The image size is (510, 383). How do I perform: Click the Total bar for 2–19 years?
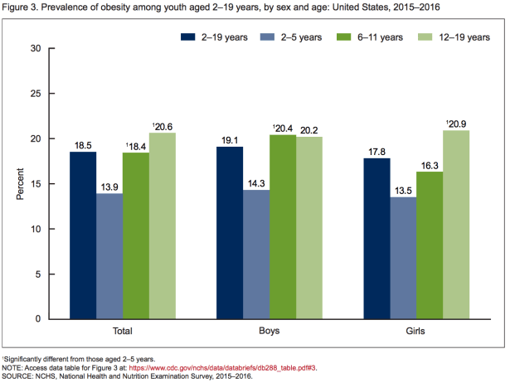coord(84,235)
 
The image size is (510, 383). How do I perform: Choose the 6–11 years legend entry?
coord(367,37)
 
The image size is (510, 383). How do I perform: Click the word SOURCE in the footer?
coord(18,376)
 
